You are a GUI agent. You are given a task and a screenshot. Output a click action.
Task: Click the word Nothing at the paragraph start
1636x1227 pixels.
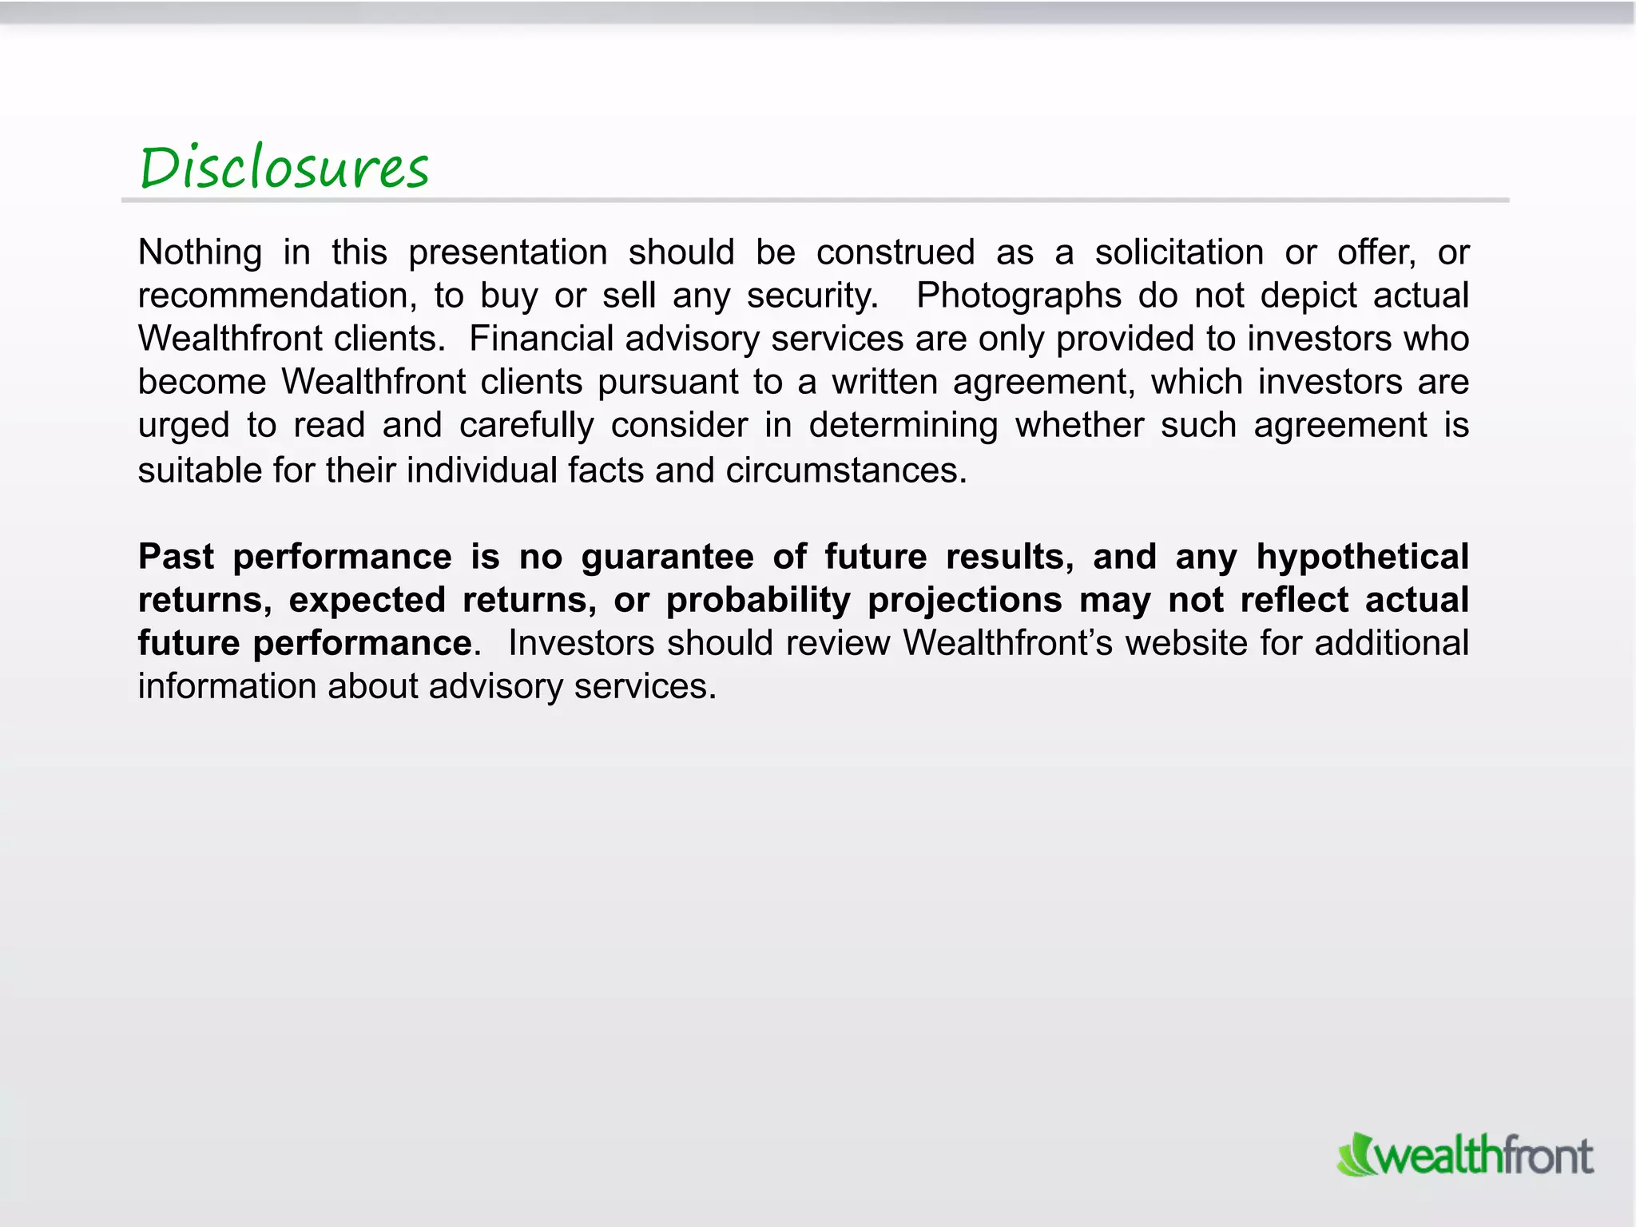tap(200, 252)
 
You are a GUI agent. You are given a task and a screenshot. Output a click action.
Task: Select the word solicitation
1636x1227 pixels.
tap(1179, 252)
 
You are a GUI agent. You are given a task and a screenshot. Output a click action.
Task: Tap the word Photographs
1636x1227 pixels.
tap(1019, 296)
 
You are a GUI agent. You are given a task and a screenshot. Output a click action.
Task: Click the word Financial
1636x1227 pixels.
tap(541, 339)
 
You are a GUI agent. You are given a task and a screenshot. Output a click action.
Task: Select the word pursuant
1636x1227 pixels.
tap(668, 383)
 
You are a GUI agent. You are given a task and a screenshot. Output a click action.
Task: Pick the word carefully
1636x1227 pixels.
tap(526, 426)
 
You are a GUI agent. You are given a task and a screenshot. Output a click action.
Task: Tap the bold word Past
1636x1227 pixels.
tap(176, 557)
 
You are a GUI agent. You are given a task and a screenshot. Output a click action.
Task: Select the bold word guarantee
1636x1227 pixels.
tap(667, 558)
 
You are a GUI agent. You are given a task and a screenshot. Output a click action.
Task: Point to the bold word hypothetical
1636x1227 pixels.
tap(1362, 557)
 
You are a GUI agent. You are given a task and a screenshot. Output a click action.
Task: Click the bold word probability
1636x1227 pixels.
tap(758, 601)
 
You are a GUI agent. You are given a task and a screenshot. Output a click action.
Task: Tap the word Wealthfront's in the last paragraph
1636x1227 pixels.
tap(1008, 643)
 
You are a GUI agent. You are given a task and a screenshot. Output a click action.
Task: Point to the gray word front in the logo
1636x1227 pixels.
tap(1548, 1156)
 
